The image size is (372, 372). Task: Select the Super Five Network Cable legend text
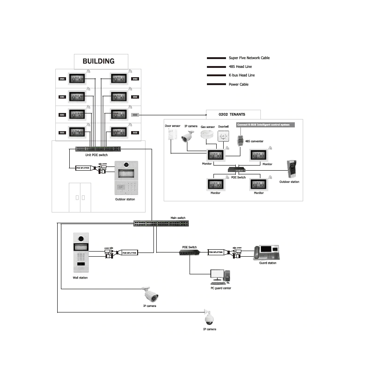249,58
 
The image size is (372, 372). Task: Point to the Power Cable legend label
239,84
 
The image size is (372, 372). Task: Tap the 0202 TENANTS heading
232,114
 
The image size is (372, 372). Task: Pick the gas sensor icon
207,134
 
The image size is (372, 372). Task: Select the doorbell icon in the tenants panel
224,136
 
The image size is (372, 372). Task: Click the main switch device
160,224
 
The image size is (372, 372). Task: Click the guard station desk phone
267,252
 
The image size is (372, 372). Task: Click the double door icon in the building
80,197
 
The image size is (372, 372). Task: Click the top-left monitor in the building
77,79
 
